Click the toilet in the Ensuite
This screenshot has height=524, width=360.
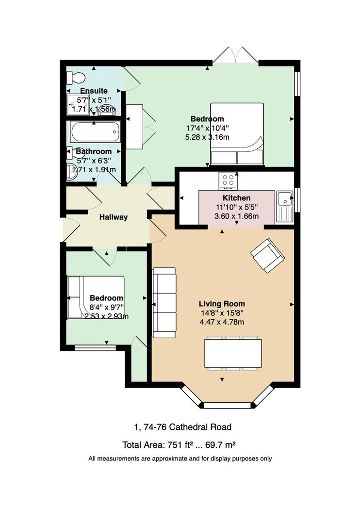(76, 78)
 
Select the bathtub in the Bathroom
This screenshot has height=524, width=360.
(95, 132)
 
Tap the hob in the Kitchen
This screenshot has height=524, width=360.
(228, 181)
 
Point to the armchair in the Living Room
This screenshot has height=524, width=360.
(268, 256)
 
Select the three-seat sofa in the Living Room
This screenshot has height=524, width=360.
(164, 302)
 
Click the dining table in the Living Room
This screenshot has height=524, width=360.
(233, 353)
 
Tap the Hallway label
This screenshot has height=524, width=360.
(114, 217)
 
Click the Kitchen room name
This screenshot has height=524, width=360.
(237, 198)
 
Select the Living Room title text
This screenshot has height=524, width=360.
(222, 304)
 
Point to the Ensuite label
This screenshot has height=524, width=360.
(94, 91)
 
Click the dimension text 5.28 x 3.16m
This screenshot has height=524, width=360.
(207, 137)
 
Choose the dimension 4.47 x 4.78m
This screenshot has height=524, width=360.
(222, 322)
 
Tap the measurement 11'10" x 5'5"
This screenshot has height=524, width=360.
(237, 207)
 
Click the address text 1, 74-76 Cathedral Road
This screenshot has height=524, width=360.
(182, 427)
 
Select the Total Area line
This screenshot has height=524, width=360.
(179, 445)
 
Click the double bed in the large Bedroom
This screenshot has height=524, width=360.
(237, 134)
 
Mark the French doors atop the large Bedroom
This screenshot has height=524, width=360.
(235, 55)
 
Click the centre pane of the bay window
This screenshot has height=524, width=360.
(227, 405)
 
